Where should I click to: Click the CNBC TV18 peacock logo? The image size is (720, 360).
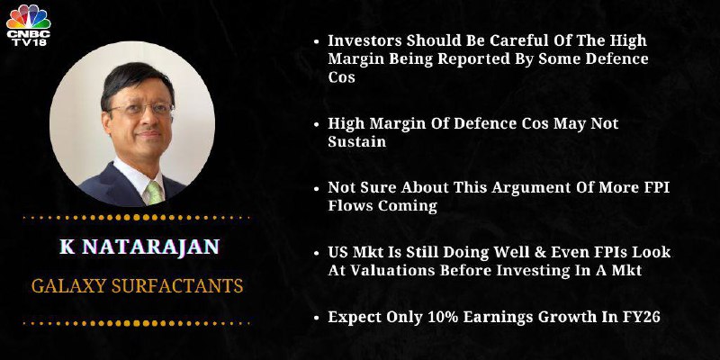click(x=29, y=25)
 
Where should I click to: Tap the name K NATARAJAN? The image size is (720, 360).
click(x=139, y=247)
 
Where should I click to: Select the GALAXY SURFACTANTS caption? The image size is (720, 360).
click(x=138, y=286)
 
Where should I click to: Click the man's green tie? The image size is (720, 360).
click(x=155, y=193)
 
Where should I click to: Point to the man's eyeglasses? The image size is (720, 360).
click(x=140, y=109)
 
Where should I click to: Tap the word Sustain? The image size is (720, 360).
click(x=356, y=141)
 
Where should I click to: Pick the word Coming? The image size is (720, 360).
click(x=408, y=206)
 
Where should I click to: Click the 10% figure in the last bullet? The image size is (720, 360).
click(x=445, y=317)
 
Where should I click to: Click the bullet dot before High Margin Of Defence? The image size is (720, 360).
click(x=316, y=124)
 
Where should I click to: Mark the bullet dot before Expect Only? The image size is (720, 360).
click(x=316, y=318)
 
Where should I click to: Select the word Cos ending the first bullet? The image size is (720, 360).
click(x=342, y=77)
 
